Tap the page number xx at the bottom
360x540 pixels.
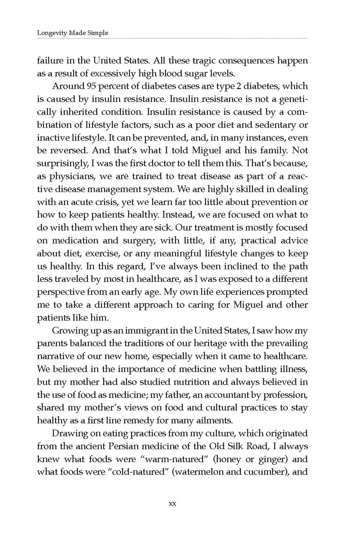point(172,504)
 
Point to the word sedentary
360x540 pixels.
point(276,125)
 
